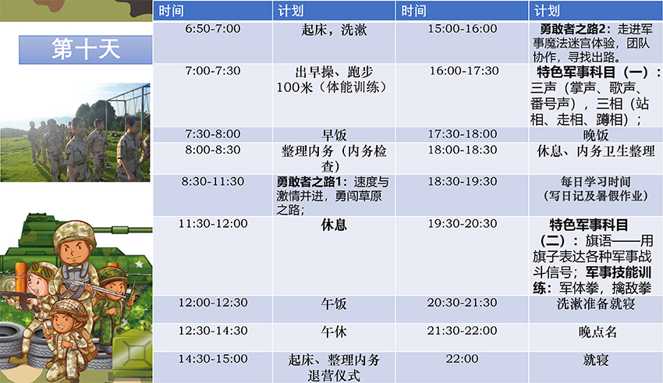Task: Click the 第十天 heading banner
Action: (x=86, y=49)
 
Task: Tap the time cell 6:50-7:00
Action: (x=213, y=29)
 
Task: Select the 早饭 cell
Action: (x=334, y=135)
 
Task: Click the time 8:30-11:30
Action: (x=213, y=182)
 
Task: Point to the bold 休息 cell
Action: (x=334, y=225)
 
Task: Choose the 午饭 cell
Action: (x=334, y=303)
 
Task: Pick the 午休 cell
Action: (x=334, y=332)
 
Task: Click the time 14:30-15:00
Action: (x=213, y=359)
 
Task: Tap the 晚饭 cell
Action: (x=596, y=135)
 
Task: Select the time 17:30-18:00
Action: (x=463, y=134)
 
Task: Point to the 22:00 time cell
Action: (x=462, y=359)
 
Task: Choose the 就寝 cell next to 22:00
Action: (x=596, y=360)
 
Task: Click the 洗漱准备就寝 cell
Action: (x=596, y=303)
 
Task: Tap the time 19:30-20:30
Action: (x=463, y=224)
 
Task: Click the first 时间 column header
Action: (x=172, y=11)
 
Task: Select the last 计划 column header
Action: (x=547, y=11)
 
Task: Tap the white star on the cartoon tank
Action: (x=139, y=264)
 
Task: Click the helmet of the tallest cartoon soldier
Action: (x=74, y=231)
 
